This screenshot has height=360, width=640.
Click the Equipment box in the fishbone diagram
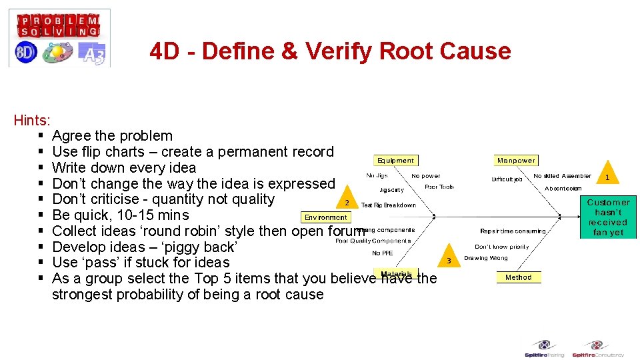coord(395,160)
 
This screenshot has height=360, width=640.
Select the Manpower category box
coord(516,160)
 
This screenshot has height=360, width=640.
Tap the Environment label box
coord(326,217)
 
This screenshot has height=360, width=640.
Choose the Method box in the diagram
coord(518,277)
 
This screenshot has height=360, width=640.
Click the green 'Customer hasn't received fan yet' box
coord(608,217)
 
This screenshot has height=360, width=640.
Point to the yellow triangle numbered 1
coord(607,175)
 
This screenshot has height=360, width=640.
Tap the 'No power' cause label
coord(425,176)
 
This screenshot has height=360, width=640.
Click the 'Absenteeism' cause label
coord(563,189)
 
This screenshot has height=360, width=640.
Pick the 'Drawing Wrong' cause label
coord(486,258)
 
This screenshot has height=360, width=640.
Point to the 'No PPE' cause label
coord(383,253)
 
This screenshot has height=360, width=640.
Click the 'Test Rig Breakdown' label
coord(389,205)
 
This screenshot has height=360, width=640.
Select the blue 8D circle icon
coord(26,53)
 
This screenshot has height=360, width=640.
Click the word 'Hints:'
coord(32,121)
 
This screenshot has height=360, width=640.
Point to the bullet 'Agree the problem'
coord(112,136)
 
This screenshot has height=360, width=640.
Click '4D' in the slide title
coord(167,51)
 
